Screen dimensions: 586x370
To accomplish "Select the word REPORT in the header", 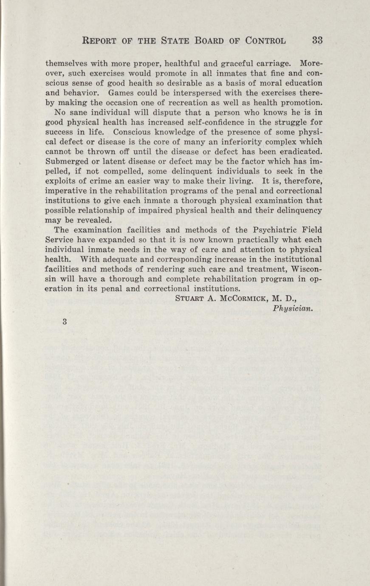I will tap(101, 41).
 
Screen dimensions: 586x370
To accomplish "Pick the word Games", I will tap(121, 93).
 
